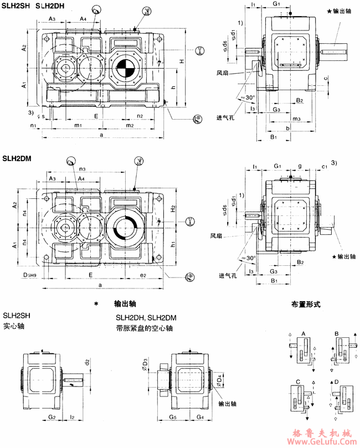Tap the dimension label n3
(83, 168)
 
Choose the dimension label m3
(296, 119)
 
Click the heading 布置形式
(306, 305)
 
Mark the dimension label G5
(172, 416)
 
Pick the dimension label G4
(199, 416)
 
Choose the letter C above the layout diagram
(298, 382)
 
